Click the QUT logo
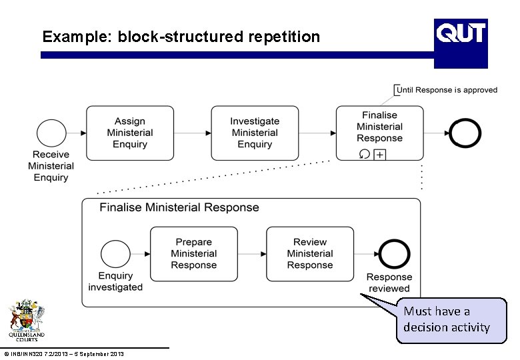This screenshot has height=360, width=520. [461, 43]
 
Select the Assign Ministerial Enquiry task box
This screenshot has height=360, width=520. [129, 133]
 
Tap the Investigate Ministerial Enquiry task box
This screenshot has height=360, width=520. [255, 133]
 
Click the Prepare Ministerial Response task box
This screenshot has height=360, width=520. [193, 253]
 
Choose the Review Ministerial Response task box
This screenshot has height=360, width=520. [310, 253]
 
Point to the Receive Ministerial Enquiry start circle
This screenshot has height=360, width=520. [51, 133]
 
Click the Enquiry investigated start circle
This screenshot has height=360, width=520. [115, 254]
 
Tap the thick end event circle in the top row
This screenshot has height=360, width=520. [465, 133]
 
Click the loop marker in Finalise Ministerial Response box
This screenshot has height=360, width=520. [364, 155]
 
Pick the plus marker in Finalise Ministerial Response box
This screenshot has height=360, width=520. [380, 155]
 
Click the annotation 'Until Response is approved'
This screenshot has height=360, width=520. [447, 90]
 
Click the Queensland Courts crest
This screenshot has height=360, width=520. [27, 320]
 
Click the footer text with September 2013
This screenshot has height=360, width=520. [63, 353]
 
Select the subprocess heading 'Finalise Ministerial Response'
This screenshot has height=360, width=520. [179, 207]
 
